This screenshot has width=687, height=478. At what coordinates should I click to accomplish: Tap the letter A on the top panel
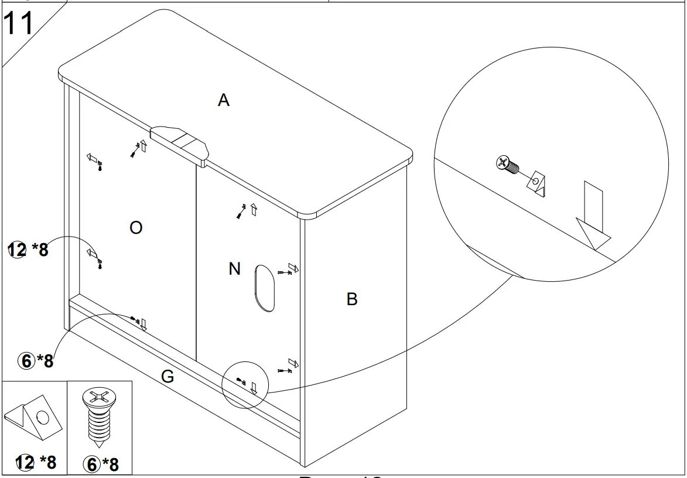tap(224, 101)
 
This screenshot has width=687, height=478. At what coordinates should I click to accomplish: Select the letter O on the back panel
tap(136, 228)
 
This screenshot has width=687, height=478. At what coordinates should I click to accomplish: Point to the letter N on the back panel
tap(234, 269)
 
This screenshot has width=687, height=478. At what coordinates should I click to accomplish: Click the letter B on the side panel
tap(351, 299)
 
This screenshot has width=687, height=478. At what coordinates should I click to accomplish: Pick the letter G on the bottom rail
tap(168, 377)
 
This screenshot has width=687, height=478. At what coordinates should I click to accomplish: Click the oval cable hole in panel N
tap(265, 288)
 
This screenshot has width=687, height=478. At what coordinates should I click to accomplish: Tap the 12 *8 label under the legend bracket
tap(32, 462)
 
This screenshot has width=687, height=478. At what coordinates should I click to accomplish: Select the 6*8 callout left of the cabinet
tap(37, 361)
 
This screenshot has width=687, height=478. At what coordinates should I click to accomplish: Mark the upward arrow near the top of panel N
tap(254, 209)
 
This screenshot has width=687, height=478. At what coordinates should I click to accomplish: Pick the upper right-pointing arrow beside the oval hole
tap(293, 269)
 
